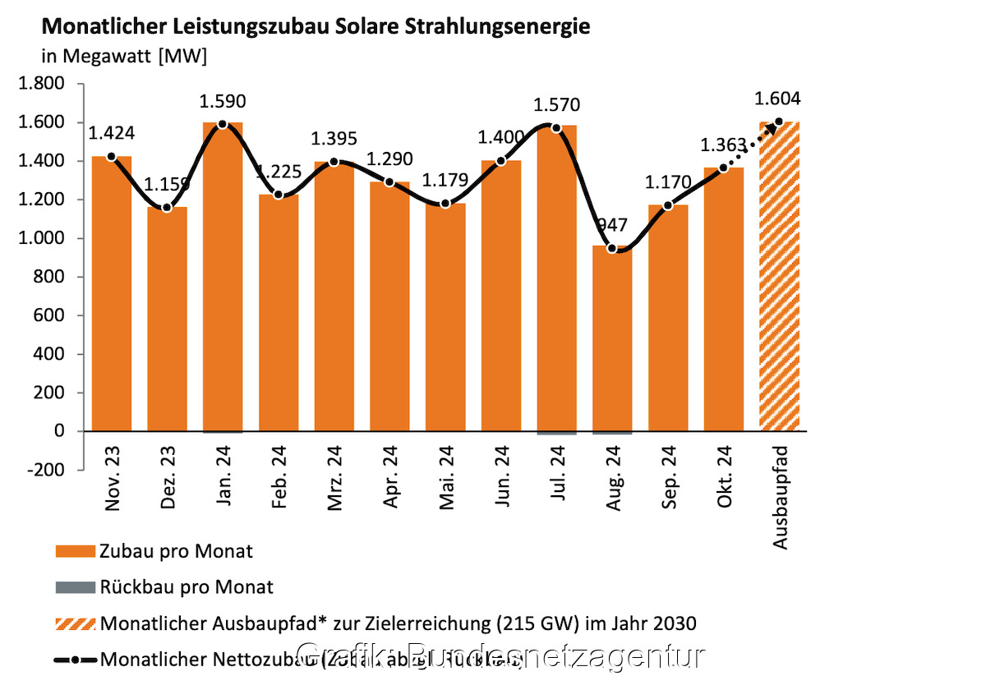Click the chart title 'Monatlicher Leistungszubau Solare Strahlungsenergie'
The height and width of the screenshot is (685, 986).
click(315, 26)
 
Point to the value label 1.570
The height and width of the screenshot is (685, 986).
click(556, 105)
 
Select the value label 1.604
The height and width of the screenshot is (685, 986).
click(777, 99)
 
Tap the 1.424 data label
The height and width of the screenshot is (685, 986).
click(112, 133)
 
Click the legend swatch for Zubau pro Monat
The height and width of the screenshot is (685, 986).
click(75, 551)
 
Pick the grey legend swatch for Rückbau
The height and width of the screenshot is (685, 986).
click(75, 587)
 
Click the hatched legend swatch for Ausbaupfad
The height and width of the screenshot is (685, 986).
click(75, 623)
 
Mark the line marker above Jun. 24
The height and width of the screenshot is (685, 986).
click(500, 161)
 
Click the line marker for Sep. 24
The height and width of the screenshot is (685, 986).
click(667, 205)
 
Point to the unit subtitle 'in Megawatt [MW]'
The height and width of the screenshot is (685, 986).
click(124, 57)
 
